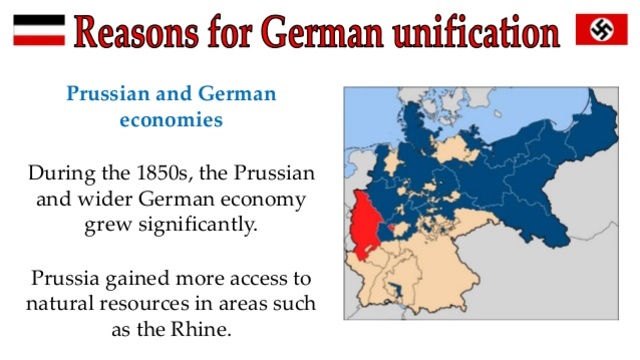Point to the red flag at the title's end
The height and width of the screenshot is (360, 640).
(601, 28)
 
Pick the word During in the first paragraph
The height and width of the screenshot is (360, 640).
(63, 172)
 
